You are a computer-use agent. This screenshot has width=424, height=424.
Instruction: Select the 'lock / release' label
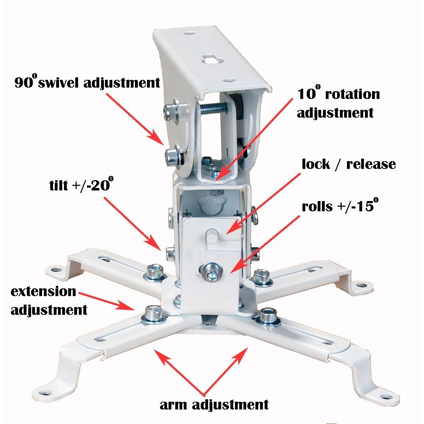349,165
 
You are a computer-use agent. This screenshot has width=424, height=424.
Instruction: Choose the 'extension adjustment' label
49,301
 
